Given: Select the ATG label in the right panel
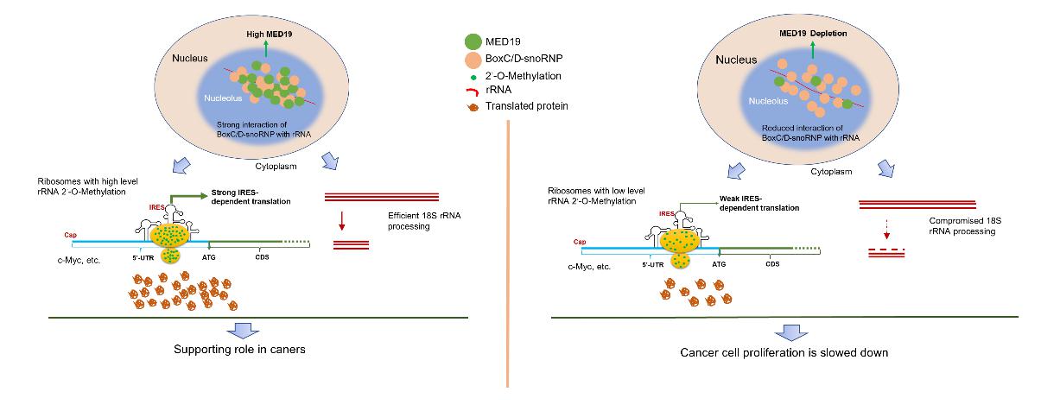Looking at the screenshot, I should point(719,265).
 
